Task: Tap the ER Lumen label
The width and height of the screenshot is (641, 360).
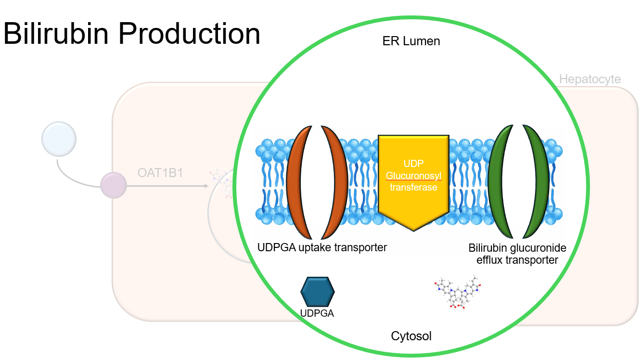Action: tap(411, 41)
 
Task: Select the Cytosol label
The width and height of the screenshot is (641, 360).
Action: tap(411, 335)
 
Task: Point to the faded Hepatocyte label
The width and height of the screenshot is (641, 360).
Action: tap(590, 79)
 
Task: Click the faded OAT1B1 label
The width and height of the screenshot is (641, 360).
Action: tap(160, 173)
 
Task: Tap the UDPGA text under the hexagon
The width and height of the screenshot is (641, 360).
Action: tap(317, 313)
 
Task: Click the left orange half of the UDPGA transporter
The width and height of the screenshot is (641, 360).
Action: tap(295, 183)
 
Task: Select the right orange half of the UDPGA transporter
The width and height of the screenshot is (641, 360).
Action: tap(338, 183)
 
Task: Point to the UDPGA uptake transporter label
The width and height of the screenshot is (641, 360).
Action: tap(322, 248)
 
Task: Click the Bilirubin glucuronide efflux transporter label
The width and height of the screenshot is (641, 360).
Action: tap(517, 254)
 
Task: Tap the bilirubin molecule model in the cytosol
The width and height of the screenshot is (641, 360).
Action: tap(457, 293)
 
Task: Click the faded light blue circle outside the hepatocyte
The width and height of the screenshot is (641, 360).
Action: tap(59, 140)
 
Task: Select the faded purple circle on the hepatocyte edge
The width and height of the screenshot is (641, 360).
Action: tap(114, 185)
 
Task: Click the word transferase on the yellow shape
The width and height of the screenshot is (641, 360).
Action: tap(413, 187)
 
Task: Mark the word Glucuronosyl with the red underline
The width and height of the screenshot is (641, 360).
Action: tap(413, 176)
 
